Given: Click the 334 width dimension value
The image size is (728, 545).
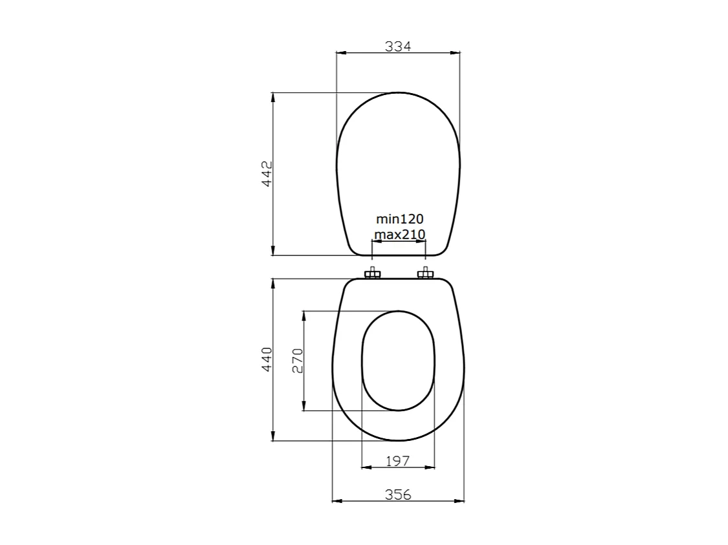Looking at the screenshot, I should (398, 46).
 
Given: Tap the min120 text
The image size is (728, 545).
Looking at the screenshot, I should (399, 219).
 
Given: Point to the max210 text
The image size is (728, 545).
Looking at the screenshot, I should (399, 234).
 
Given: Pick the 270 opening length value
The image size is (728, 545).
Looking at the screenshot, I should (298, 360).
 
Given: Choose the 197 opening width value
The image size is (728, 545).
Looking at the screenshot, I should (398, 460).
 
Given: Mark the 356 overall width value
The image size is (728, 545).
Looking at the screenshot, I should (398, 495).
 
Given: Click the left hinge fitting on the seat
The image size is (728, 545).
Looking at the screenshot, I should (372, 274).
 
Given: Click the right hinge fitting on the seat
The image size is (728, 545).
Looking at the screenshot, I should (425, 274).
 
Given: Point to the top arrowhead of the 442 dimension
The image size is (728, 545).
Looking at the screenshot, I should (273, 97).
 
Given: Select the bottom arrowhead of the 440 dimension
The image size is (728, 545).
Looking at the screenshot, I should (273, 437).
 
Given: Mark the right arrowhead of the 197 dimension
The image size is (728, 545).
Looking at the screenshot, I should (430, 467).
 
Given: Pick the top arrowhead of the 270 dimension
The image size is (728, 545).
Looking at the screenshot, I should (304, 315).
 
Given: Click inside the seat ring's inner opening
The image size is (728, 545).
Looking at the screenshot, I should (398, 360).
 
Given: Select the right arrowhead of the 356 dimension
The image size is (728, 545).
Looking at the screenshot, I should (460, 501).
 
